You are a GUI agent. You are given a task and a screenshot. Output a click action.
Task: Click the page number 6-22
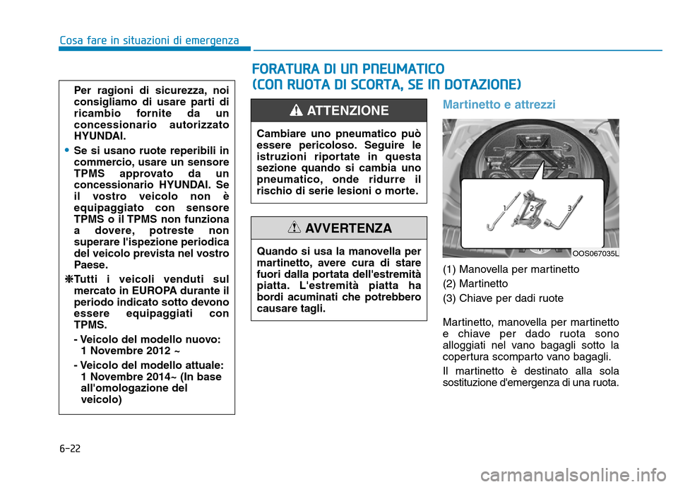click(69, 449)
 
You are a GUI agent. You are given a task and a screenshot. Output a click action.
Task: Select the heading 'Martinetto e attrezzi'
click(499, 105)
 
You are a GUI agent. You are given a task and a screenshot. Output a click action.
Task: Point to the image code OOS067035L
click(595, 253)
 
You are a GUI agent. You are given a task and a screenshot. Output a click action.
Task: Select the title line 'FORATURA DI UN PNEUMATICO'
click(348, 69)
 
